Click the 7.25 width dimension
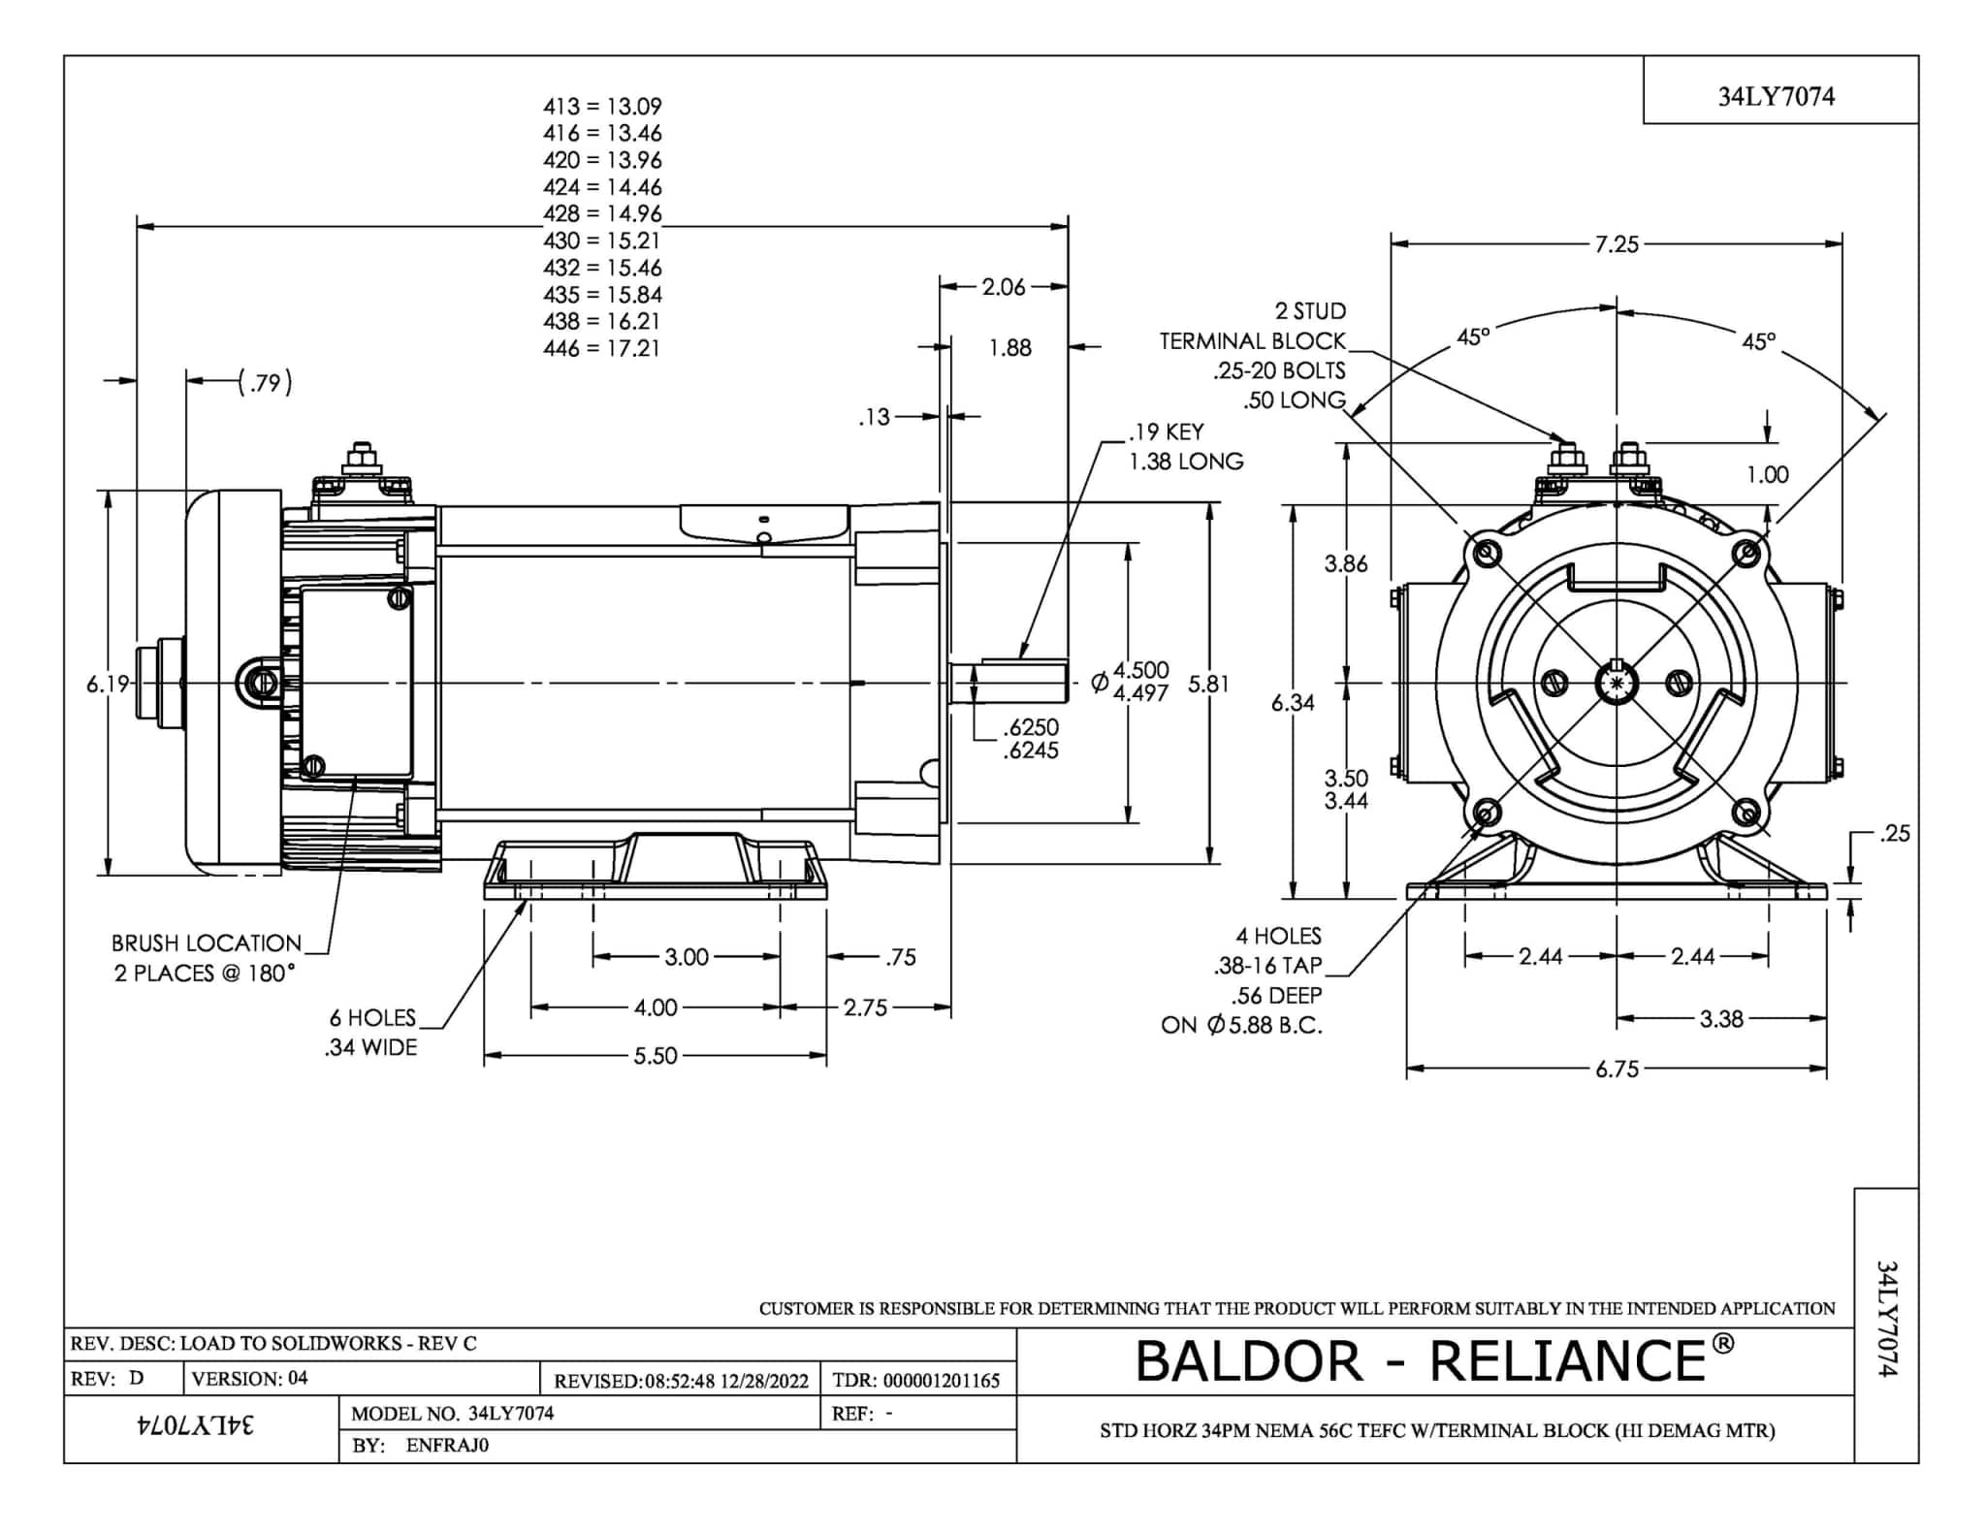[1617, 244]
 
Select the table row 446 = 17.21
[601, 348]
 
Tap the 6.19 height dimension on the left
[107, 684]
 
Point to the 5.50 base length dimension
[656, 1056]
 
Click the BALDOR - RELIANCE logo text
[1434, 1359]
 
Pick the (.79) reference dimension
[265, 382]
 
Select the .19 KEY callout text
[1166, 431]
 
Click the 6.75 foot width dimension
[1617, 1070]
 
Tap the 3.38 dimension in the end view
[1721, 1019]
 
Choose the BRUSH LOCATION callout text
[207, 943]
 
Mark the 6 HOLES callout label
[372, 1017]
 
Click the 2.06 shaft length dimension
[1003, 287]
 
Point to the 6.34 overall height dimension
[1293, 703]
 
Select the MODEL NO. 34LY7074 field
[452, 1413]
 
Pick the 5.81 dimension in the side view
[1208, 685]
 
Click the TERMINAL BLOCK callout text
[1252, 341]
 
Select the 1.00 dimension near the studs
[1767, 474]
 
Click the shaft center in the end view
[1617, 684]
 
